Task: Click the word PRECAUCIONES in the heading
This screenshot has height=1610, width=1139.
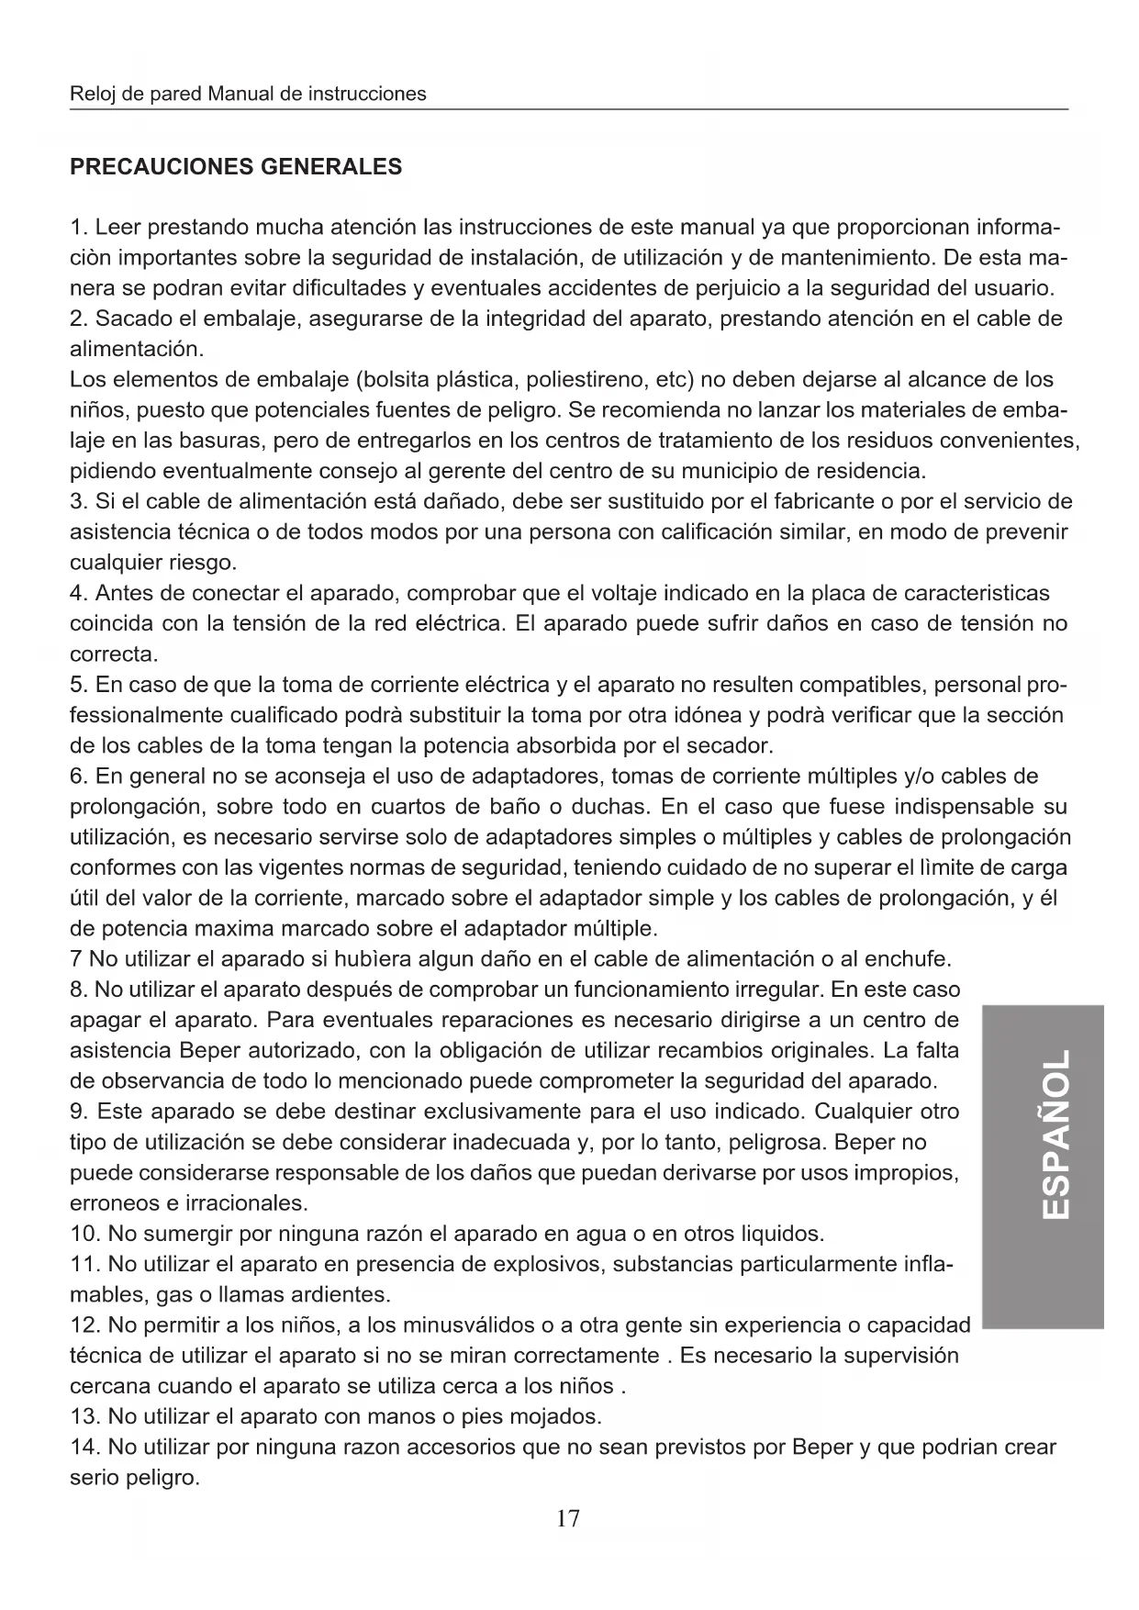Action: pos(162,167)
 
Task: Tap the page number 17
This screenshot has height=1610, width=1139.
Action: pos(568,1518)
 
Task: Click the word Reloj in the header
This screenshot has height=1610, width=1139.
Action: pos(91,94)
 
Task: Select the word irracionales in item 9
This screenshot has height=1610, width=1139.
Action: pos(248,1203)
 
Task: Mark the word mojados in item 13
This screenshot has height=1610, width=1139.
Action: pos(561,1416)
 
